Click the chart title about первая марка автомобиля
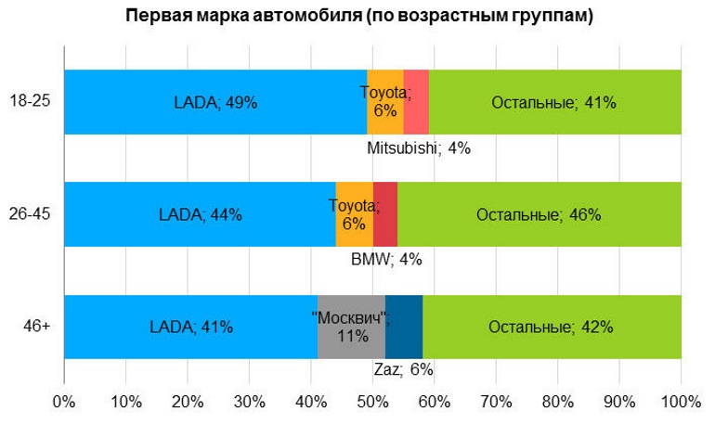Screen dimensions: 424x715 [x=358, y=17]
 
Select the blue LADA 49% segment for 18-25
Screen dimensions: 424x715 [x=215, y=102]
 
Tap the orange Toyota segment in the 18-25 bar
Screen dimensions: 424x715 [x=384, y=102]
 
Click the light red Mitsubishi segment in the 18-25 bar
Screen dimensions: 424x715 [x=416, y=102]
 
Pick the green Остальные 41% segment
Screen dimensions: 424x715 [x=554, y=102]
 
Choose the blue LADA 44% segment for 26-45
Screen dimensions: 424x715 [x=200, y=214]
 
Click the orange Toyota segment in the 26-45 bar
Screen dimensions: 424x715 [x=354, y=214]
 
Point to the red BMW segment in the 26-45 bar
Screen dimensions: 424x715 [x=385, y=214]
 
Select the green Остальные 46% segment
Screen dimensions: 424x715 [x=539, y=214]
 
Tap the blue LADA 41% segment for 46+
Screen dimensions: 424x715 [x=190, y=327]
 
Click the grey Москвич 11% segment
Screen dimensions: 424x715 [x=351, y=327]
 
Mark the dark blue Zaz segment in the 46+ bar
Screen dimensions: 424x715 [x=404, y=327]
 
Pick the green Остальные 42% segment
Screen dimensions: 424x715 [x=552, y=327]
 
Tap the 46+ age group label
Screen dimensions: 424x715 [x=37, y=327]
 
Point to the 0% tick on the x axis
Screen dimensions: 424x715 [x=64, y=403]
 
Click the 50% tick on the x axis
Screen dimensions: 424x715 [x=372, y=403]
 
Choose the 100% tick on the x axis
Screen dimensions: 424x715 [x=681, y=403]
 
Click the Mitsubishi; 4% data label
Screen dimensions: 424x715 [x=419, y=148]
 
